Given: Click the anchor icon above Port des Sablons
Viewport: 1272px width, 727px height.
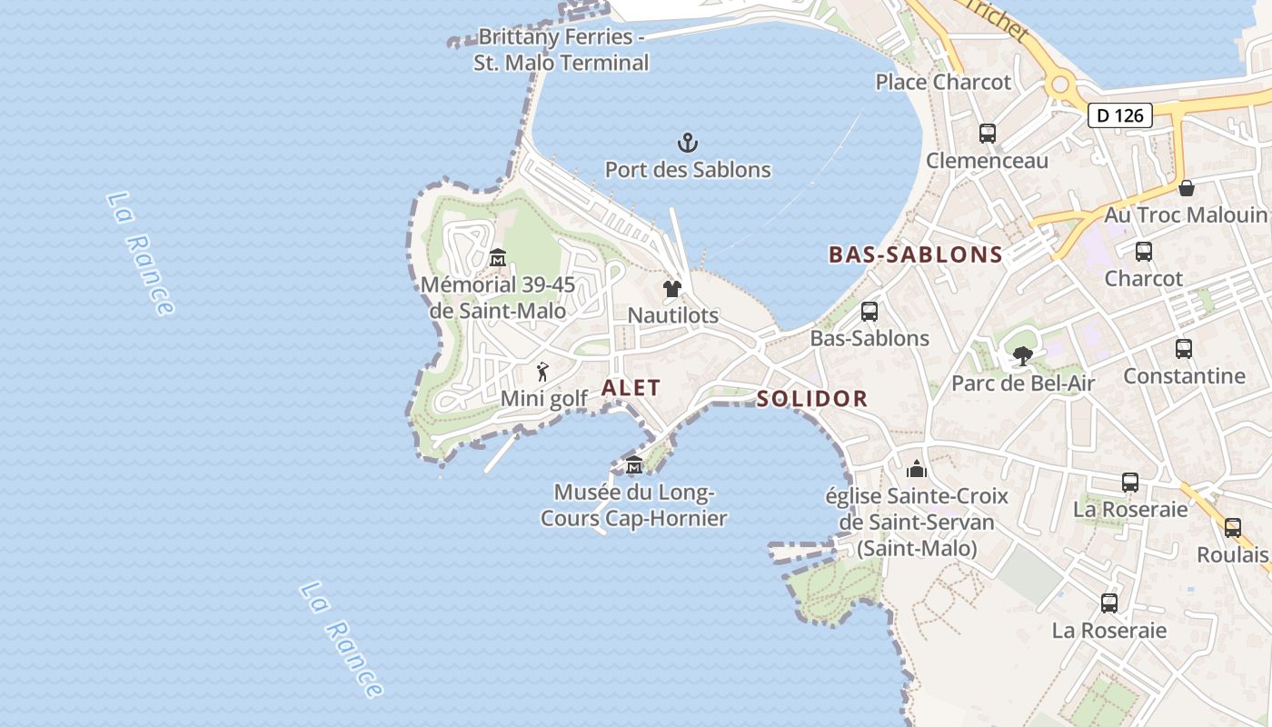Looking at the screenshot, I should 688,143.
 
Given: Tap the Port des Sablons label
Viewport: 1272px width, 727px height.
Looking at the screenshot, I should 688,170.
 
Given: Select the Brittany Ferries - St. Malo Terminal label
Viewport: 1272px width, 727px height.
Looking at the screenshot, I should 561,50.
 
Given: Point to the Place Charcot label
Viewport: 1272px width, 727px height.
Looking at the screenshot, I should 943,83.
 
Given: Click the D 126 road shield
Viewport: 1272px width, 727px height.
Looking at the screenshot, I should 1120,115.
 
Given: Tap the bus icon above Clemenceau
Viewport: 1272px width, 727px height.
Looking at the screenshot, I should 988,134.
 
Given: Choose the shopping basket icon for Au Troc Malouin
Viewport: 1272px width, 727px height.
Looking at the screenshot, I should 1187,188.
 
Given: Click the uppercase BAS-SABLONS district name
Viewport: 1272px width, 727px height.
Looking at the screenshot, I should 916,255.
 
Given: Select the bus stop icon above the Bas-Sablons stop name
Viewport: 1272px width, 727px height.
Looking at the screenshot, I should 870,312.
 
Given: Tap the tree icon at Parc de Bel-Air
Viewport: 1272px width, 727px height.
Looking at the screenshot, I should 1023,356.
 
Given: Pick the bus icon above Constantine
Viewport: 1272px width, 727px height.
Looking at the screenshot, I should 1184,348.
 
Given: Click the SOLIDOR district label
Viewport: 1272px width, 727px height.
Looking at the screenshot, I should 812,399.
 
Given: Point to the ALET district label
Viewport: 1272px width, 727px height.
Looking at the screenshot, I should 631,388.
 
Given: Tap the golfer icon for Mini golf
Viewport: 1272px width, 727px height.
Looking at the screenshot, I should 542,372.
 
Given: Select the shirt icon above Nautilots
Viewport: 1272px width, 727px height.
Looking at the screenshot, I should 672,289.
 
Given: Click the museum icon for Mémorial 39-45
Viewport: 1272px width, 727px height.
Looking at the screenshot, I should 497,258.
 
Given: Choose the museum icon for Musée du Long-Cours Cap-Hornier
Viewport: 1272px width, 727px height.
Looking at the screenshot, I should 634,465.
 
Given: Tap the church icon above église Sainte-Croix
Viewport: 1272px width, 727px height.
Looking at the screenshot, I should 917,469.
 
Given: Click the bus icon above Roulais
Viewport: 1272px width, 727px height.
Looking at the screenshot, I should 1233,527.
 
